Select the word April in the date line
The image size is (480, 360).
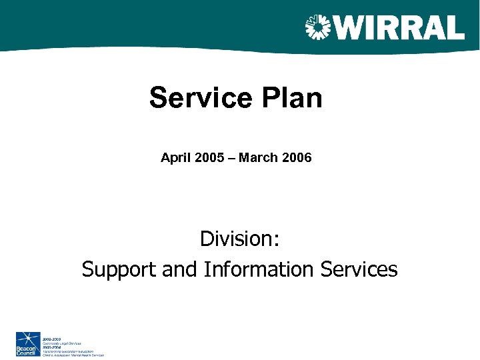[x=175, y=159]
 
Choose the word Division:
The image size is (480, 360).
[x=239, y=238]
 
